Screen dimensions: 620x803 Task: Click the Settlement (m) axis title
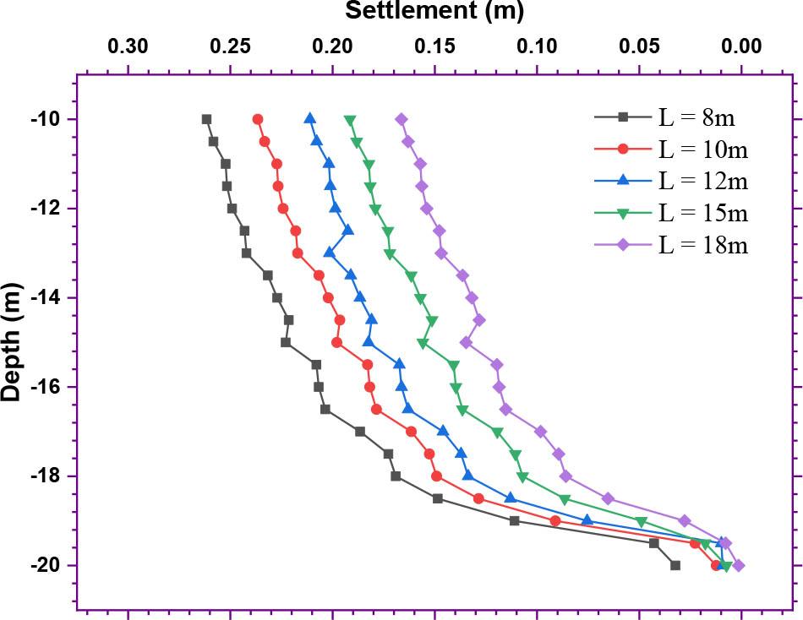tap(434, 11)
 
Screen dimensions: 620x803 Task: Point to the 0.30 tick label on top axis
tap(128, 45)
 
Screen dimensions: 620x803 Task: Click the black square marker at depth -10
tap(206, 119)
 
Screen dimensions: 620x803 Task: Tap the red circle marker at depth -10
tap(258, 119)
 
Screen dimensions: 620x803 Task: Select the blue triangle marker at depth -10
tap(310, 118)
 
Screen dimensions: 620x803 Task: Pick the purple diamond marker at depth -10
tap(401, 119)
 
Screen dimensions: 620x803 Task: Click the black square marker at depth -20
tap(675, 565)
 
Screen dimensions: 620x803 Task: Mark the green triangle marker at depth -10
tap(350, 120)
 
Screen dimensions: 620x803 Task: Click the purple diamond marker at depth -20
tap(739, 565)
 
